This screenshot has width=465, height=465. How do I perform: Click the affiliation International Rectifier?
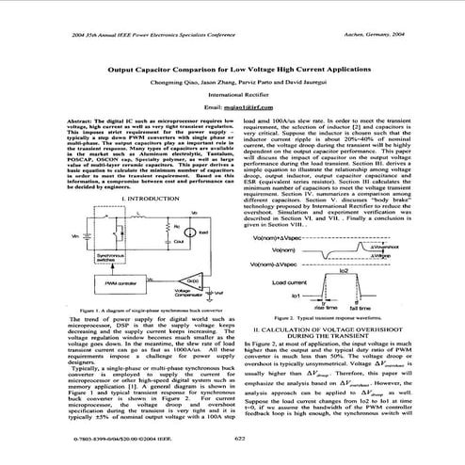coord(232,96)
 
